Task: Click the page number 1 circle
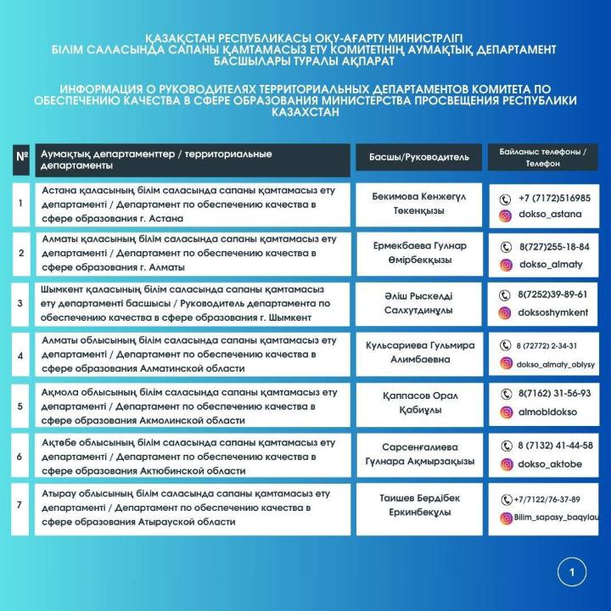click(x=572, y=573)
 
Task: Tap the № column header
click(x=20, y=159)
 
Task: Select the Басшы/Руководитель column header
click(x=419, y=157)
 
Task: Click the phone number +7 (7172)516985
click(x=555, y=198)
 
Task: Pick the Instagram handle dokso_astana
click(x=550, y=215)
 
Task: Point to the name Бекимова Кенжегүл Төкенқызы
click(x=420, y=203)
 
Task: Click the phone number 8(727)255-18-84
click(x=555, y=247)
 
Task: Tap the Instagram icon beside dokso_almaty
click(x=506, y=265)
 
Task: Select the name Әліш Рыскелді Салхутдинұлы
click(x=420, y=303)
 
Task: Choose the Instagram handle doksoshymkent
click(x=553, y=313)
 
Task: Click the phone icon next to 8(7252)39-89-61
click(x=506, y=294)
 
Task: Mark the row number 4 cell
click(x=20, y=354)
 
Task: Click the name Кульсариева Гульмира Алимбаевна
click(x=420, y=353)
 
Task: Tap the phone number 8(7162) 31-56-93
click(x=555, y=395)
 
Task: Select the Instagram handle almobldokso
click(x=550, y=412)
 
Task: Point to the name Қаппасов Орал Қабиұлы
click(x=420, y=403)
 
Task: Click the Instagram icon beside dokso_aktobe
click(x=506, y=464)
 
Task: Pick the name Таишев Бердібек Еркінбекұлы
click(x=420, y=505)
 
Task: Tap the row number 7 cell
click(x=20, y=506)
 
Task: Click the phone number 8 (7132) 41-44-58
click(x=555, y=446)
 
